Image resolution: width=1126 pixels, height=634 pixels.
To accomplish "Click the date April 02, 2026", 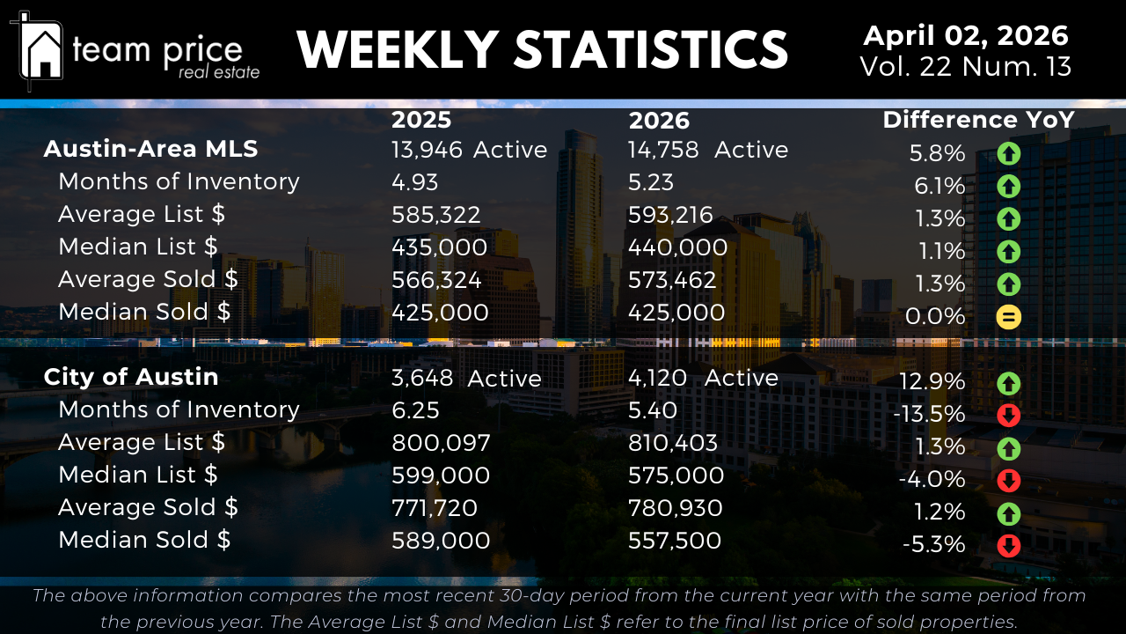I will (x=965, y=36).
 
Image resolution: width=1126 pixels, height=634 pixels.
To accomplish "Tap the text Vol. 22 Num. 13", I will (x=965, y=67).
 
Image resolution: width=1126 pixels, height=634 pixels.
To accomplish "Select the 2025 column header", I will (x=421, y=120).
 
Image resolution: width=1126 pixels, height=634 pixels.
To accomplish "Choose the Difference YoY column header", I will (x=978, y=120).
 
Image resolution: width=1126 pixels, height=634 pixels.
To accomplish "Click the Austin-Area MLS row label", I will (x=150, y=149).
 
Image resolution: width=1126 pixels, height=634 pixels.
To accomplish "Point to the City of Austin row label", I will (x=131, y=377).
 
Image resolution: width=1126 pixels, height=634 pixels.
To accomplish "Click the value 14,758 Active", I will (x=707, y=150).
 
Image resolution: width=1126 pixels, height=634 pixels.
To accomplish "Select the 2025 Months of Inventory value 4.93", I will (x=414, y=182).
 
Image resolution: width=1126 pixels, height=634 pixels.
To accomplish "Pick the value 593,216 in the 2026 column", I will (x=670, y=215).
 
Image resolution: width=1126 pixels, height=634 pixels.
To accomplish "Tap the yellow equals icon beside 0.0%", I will (x=1008, y=317).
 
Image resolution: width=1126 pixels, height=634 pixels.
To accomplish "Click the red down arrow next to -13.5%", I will (x=1008, y=415).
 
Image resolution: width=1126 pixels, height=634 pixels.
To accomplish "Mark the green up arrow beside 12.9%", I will (x=1008, y=383).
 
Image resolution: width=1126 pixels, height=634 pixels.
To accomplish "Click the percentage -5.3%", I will (x=933, y=545).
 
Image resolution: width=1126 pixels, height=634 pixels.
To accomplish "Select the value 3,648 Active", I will (x=466, y=378).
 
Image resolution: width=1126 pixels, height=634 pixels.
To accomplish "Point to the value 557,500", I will (x=675, y=541).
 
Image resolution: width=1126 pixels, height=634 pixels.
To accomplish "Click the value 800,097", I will (x=441, y=443).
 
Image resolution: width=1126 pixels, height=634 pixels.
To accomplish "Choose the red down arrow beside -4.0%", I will (x=1008, y=480).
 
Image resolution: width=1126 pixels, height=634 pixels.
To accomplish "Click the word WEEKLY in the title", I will (x=398, y=49).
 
